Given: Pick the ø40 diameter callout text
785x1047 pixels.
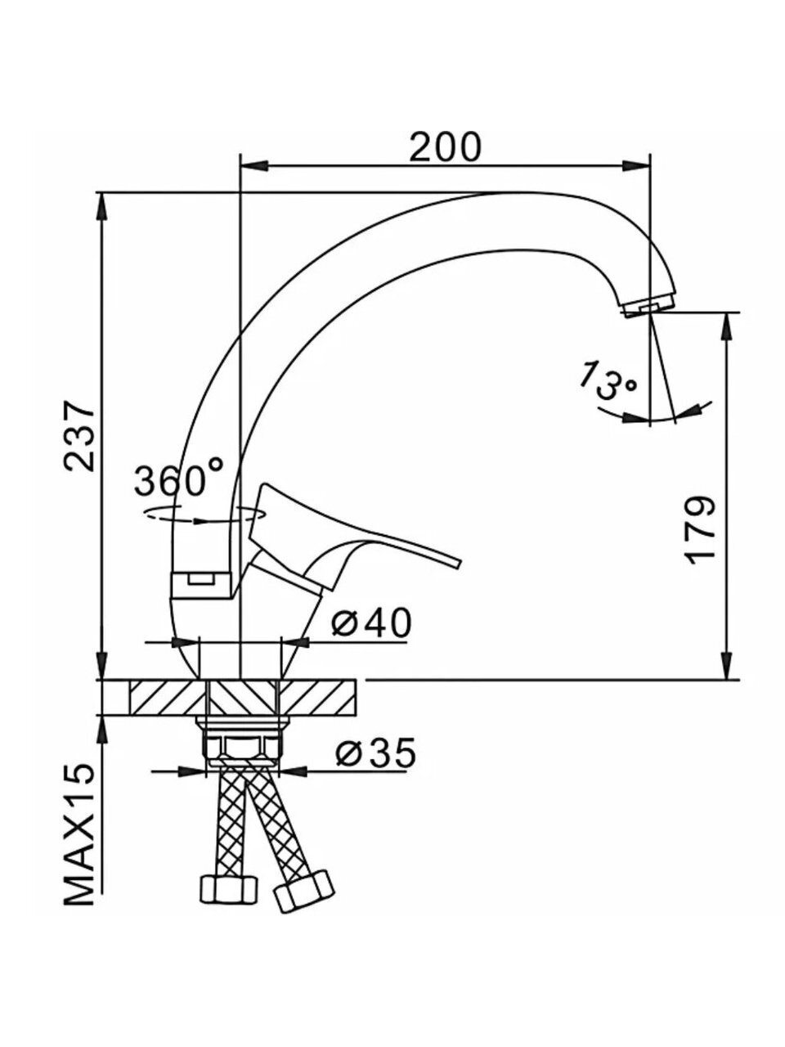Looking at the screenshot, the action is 371,622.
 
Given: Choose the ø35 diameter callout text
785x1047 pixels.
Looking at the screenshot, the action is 375,753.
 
